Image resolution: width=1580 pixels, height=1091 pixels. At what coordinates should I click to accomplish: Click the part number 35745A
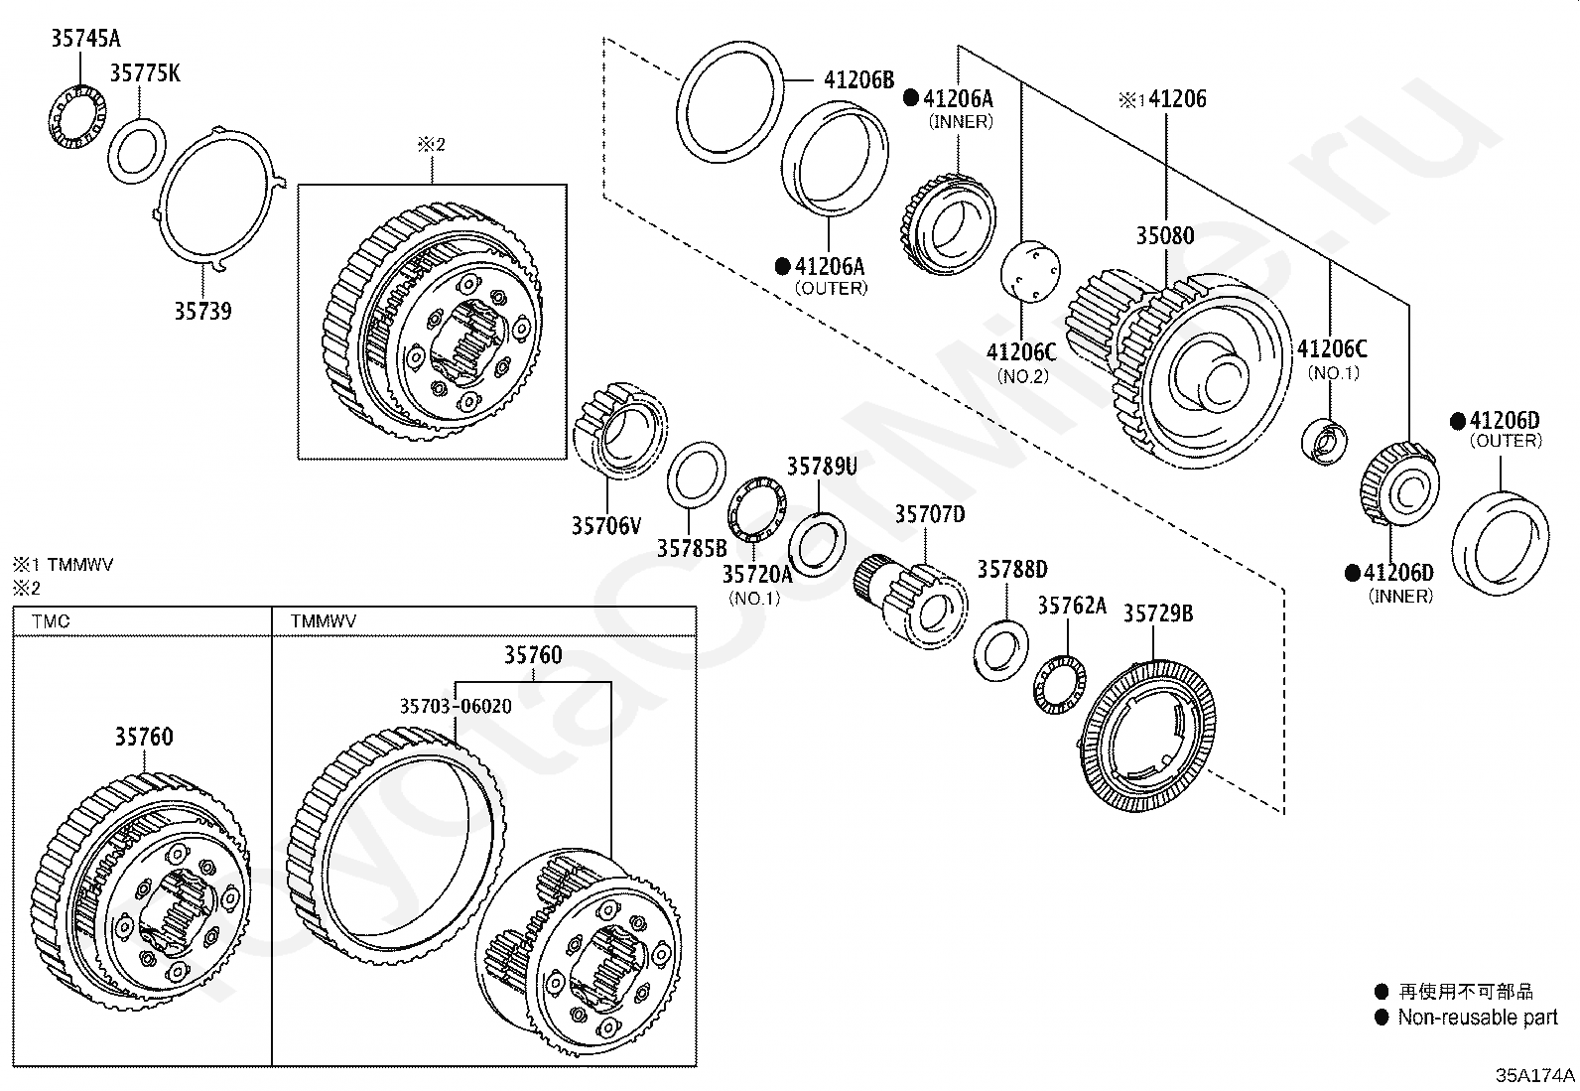pos(85,38)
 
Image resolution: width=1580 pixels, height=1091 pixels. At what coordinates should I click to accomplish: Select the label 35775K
pos(145,72)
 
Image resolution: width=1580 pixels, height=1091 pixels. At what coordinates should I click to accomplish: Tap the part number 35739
pos(202,311)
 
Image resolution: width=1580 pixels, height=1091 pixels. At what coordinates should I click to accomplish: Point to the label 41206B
pos(858,79)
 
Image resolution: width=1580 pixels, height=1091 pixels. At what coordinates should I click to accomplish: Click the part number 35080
pos(1164,235)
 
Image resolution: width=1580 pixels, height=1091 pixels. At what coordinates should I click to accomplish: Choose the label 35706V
pos(606,526)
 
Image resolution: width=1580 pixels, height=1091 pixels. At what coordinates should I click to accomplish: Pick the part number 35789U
pos(822,467)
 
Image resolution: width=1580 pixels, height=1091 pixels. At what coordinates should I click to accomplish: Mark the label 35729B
pos(1157,614)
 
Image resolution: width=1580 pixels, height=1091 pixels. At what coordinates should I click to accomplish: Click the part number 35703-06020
pos(456,706)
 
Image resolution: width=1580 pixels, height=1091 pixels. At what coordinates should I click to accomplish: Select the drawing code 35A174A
pos(1535,1075)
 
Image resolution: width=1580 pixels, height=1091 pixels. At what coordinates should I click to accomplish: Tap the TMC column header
pos(51,621)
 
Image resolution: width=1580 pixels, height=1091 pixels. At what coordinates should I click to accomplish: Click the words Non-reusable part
pos(1478,1017)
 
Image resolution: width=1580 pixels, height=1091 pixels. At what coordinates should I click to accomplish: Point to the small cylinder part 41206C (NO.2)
pos(1030,272)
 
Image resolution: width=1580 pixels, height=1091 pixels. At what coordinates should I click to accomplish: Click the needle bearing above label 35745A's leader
pos(77,117)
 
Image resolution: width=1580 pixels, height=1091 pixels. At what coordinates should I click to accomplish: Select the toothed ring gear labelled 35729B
pos(1147,736)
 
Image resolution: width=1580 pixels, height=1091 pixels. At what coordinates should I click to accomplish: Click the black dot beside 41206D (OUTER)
pos(1457,421)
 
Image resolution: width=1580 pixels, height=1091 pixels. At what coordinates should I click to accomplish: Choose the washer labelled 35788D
pos(1000,650)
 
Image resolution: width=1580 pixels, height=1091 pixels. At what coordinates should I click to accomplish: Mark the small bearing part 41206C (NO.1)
pos(1324,442)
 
